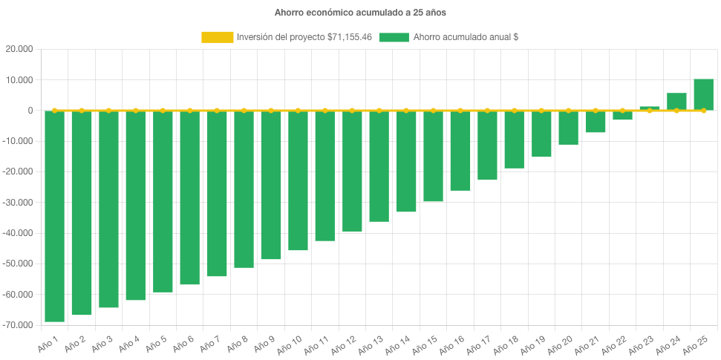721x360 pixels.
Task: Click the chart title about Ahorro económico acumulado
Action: coord(360,13)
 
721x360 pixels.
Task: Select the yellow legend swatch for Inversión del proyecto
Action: coord(217,37)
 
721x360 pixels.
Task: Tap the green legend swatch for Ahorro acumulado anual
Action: coord(394,37)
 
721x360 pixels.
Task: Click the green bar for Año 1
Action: coord(54,216)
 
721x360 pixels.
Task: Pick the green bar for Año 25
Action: coord(703,94)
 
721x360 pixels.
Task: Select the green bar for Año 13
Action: coord(379,166)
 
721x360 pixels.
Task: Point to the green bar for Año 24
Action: coord(676,102)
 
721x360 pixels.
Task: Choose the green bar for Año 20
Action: coord(568,128)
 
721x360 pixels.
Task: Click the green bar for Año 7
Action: coord(217,194)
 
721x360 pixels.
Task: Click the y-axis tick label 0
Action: coord(30,111)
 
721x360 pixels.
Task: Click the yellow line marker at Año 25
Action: coord(703,111)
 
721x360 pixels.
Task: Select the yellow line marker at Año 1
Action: coord(54,111)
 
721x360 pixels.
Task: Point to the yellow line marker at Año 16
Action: coord(460,111)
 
